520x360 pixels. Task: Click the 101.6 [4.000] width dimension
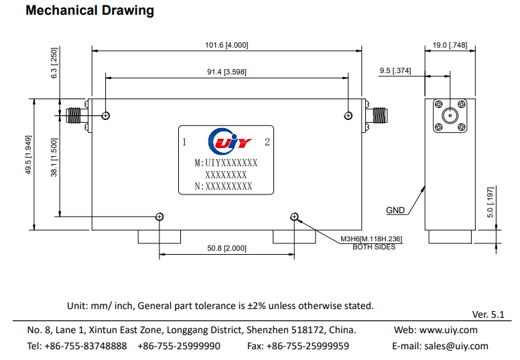point(226,45)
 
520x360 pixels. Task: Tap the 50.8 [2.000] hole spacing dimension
point(226,249)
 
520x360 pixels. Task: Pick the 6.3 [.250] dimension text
point(55,64)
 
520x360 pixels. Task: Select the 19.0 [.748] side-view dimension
point(450,45)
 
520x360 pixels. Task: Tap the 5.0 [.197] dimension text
point(491,202)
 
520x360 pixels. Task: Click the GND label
point(395,211)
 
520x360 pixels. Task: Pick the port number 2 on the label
point(267,142)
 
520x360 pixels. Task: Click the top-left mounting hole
point(106,116)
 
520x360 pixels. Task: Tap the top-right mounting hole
point(348,116)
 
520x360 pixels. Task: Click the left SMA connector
point(75,116)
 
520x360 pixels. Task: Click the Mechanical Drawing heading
point(90,11)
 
